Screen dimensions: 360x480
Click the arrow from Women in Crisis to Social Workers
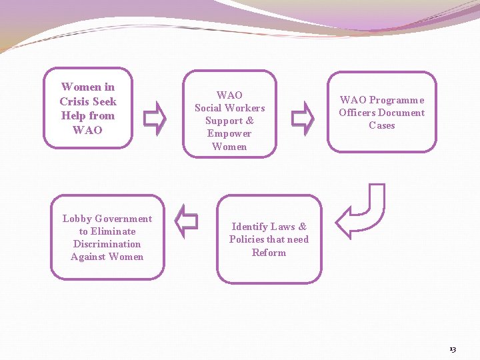(x=156, y=117)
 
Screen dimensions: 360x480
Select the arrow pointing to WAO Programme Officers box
(x=303, y=117)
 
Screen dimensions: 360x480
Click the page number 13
(x=453, y=349)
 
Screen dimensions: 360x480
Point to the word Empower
(x=229, y=133)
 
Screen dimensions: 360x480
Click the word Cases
(x=381, y=125)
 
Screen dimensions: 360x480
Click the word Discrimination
(x=107, y=244)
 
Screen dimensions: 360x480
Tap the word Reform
(x=269, y=253)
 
